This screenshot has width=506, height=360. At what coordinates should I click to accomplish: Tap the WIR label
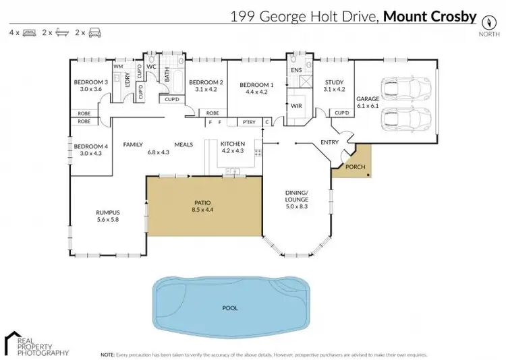pos(296,106)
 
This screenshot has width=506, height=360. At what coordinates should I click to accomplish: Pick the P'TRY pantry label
pos(249,122)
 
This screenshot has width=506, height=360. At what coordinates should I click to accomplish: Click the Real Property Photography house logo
pos(13,339)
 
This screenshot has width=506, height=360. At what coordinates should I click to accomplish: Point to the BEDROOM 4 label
pos(90,146)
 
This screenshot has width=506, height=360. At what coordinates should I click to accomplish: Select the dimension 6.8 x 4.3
pos(158,152)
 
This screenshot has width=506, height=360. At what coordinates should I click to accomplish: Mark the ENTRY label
pos(330,142)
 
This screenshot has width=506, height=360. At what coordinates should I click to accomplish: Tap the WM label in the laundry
pos(117,67)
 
